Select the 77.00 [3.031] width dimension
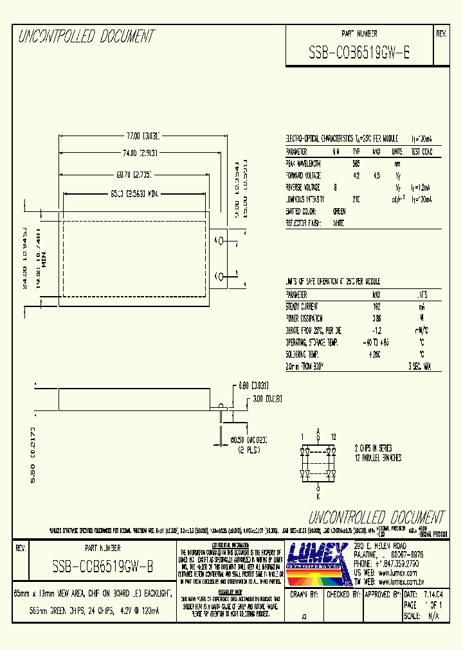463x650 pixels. click(143, 136)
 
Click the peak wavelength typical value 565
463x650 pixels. click(356, 164)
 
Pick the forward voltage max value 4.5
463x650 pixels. click(377, 175)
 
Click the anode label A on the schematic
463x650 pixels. click(317, 432)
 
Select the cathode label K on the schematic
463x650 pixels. click(317, 496)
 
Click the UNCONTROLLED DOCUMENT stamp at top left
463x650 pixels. click(86, 37)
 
